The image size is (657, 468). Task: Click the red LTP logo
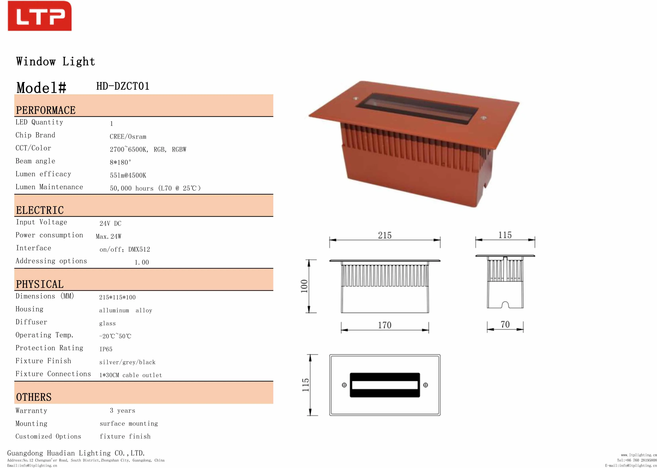coord(39,16)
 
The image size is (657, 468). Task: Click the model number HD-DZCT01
coord(123,86)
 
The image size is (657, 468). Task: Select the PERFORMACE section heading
coord(46,110)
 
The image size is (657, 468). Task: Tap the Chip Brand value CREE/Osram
coord(128,137)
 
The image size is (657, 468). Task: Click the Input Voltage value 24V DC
coord(110,223)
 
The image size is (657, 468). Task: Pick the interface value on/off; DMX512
coord(124,249)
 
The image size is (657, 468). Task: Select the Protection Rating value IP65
coord(106,349)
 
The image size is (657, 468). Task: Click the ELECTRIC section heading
coord(40,210)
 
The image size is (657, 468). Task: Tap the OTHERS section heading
coord(34,397)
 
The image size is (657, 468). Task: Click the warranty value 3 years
coord(122,410)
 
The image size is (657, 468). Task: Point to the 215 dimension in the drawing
coord(385,235)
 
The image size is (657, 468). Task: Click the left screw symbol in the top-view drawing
coord(344,385)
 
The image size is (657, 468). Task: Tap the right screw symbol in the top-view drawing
coord(426,385)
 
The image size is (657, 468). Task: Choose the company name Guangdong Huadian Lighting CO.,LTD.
coord(76,453)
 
